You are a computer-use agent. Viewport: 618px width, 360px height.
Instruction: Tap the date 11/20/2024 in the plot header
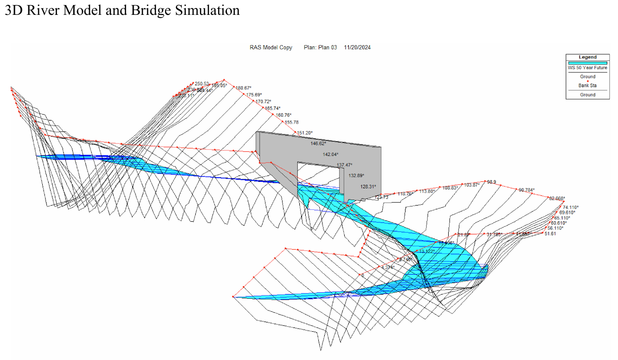point(357,47)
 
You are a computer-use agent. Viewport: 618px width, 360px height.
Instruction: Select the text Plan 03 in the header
point(328,47)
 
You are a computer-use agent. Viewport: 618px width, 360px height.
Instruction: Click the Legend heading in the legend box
point(587,57)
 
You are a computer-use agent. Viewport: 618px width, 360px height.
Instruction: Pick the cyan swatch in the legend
point(587,63)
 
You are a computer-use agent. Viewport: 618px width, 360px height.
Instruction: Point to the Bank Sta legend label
point(587,85)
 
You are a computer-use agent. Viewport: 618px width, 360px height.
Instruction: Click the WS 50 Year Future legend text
point(587,68)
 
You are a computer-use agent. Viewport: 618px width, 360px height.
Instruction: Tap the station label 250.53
point(202,84)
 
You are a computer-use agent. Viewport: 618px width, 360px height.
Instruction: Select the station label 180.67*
point(244,88)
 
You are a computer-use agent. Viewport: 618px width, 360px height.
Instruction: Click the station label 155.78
point(291,122)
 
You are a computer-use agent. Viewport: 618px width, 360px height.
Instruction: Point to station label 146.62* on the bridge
point(318,144)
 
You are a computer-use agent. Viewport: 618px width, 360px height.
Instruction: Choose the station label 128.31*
point(368,186)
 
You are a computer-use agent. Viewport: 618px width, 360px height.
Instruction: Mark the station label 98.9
point(491,182)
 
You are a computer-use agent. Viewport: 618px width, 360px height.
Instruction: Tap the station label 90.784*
point(527,190)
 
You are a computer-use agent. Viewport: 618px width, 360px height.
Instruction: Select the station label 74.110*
point(571,207)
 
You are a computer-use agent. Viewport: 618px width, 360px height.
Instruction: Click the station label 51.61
point(550,234)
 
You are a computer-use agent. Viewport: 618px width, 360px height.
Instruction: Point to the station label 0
point(363,275)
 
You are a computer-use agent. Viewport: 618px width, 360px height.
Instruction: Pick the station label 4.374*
point(388,268)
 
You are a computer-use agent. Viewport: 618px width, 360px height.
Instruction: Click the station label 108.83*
point(450,188)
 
